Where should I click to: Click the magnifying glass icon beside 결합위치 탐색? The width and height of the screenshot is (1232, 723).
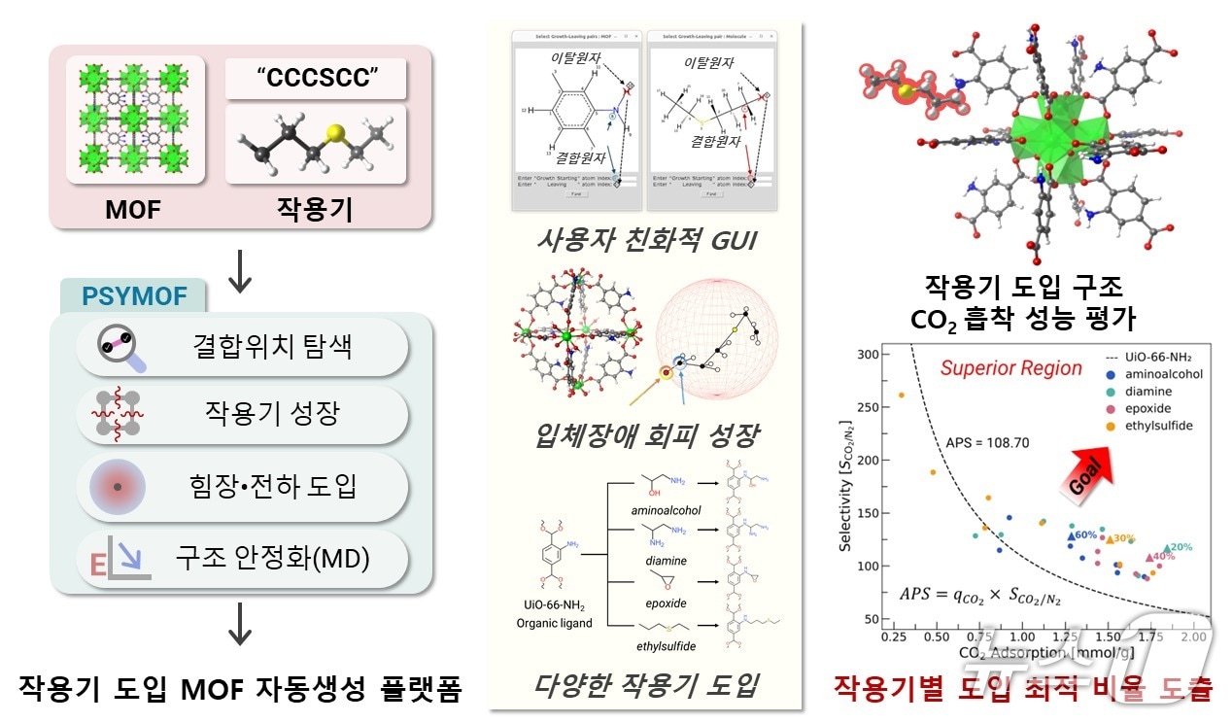[x=121, y=347]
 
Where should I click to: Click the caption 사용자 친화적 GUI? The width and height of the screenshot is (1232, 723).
[x=646, y=238]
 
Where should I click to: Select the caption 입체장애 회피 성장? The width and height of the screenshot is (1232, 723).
[x=646, y=432]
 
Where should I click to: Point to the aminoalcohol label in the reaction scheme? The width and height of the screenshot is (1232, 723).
[x=667, y=511]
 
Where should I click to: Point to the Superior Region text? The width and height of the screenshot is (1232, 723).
[x=1010, y=368]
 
